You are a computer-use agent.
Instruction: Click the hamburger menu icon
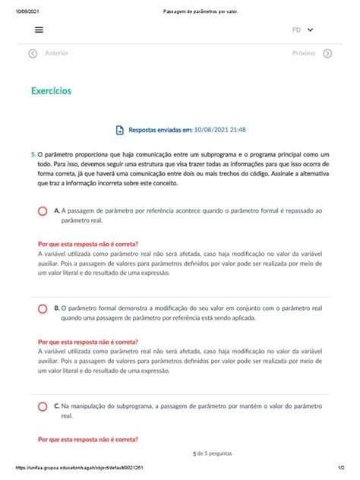39,30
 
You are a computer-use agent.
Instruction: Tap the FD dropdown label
296,30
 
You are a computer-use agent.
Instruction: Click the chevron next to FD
311,30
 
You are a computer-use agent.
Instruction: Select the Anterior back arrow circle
33,54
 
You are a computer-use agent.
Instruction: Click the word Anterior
57,54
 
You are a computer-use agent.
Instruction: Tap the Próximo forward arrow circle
327,54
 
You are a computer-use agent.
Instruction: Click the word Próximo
304,54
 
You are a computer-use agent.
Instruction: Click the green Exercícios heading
52,90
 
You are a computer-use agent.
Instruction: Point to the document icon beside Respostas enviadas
120,131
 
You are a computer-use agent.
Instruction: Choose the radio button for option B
43,308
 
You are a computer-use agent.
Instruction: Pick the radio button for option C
43,407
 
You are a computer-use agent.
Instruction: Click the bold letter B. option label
57,308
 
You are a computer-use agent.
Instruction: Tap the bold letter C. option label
57,407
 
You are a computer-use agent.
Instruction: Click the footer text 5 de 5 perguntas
213,453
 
